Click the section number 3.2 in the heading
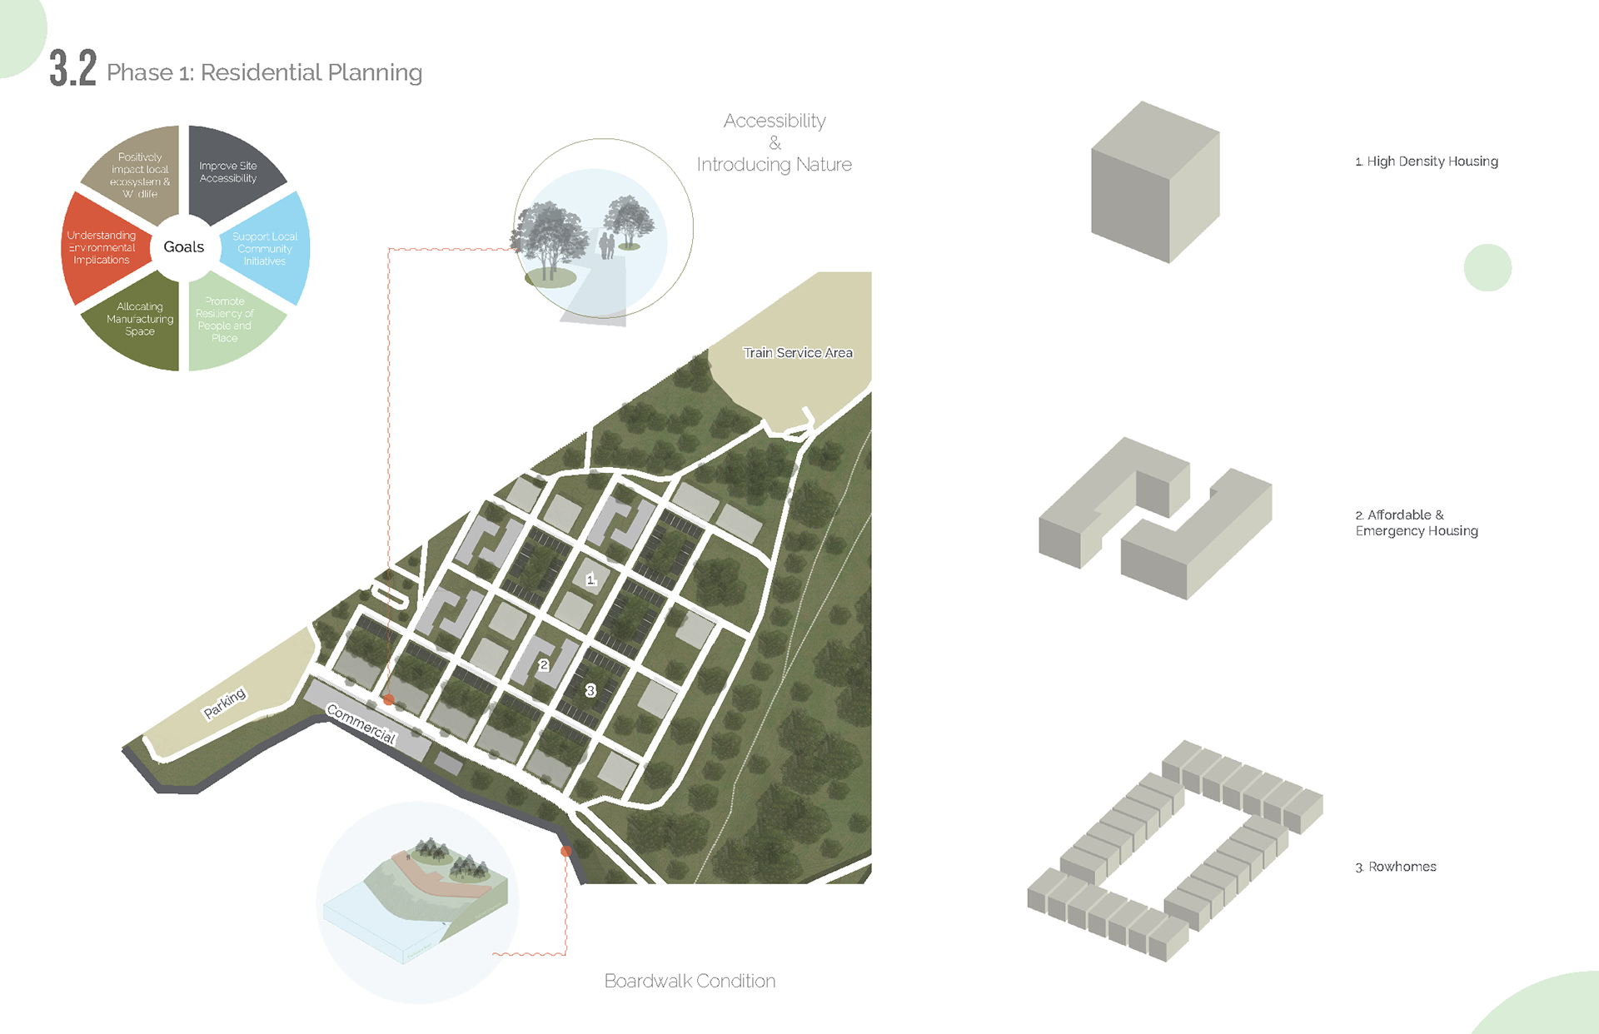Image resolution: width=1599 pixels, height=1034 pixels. (72, 68)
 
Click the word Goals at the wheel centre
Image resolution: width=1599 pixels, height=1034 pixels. (183, 247)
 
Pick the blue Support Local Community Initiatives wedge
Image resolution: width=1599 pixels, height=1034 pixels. (266, 248)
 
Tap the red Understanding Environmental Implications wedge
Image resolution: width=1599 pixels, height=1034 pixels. (102, 248)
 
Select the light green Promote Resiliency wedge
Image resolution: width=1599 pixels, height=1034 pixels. (227, 321)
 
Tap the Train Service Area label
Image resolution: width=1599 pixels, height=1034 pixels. (797, 353)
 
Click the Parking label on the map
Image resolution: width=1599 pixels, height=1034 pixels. (225, 703)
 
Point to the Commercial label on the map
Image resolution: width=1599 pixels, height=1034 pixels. (361, 723)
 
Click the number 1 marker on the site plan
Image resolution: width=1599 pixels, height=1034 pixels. (590, 579)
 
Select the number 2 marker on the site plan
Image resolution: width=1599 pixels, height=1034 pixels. (544, 665)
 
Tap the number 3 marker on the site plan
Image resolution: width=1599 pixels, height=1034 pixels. (590, 690)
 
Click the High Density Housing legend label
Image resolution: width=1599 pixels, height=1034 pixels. (1426, 162)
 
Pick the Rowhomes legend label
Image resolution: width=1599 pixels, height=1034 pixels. (1396, 867)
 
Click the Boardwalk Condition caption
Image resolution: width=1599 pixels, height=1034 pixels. (690, 981)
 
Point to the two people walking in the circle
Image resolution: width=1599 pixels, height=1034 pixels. (607, 246)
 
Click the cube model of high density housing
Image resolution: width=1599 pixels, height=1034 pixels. (1155, 182)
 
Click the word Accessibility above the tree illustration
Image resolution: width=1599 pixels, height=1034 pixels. (775, 122)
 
